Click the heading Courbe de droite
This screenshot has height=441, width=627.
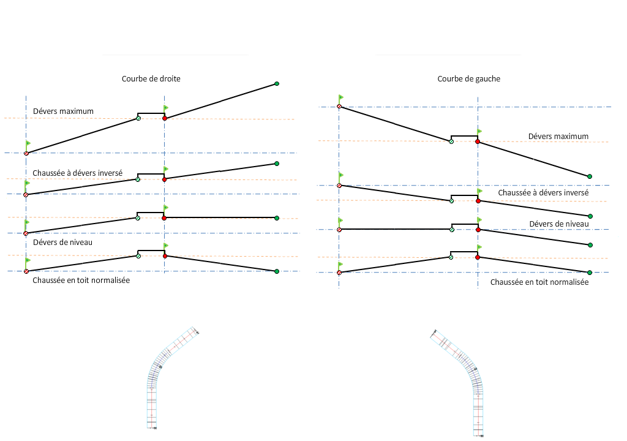point(151,79)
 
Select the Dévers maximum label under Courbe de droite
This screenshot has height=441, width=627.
point(63,111)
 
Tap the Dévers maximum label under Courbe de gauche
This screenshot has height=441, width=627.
point(558,137)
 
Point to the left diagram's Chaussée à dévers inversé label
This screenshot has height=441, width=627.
point(78,173)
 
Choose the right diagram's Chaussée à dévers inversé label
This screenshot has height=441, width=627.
point(543,192)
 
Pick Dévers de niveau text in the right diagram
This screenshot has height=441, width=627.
point(558,224)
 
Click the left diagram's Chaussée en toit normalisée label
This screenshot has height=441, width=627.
point(81,280)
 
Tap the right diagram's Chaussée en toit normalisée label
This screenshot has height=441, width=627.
point(539,282)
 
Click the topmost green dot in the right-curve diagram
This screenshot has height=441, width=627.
point(277,83)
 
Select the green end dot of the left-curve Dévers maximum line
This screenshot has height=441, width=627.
point(590,176)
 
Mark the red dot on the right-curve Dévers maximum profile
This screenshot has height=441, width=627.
point(165,118)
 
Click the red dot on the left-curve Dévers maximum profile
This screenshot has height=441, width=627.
point(478,141)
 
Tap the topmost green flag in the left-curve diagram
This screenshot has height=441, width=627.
point(341,97)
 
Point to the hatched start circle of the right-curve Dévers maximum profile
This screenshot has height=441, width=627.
point(26,153)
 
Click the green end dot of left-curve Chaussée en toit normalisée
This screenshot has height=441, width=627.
point(590,272)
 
